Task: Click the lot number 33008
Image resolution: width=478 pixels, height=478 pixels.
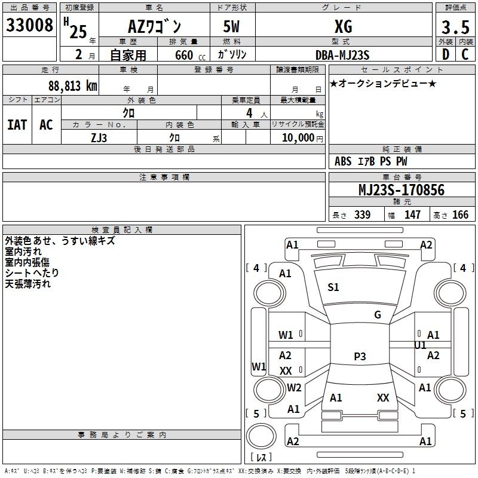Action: tap(29, 25)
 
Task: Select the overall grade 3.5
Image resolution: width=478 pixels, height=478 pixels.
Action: tap(455, 27)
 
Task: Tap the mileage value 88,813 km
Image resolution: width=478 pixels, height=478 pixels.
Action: tap(73, 86)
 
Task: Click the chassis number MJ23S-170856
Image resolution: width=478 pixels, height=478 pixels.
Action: tap(402, 190)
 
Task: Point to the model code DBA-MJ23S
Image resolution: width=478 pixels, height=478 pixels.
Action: tap(342, 55)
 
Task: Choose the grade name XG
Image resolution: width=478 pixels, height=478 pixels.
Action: tap(344, 27)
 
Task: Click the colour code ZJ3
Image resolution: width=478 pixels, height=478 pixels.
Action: tap(99, 138)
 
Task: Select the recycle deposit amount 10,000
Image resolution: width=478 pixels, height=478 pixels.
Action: tap(298, 138)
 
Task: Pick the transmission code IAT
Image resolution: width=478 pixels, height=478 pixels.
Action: tap(17, 125)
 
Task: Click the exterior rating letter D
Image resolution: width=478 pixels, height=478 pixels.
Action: tap(446, 54)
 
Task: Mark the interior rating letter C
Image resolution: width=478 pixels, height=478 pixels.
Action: tap(465, 54)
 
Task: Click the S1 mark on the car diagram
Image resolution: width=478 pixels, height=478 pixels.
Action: tap(333, 287)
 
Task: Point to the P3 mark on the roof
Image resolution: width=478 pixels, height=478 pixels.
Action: tap(360, 356)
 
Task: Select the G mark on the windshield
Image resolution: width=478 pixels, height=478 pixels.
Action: tap(378, 315)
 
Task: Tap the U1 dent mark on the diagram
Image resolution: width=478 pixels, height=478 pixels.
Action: tap(420, 345)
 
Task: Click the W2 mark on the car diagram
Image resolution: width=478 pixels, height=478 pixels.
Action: tap(294, 388)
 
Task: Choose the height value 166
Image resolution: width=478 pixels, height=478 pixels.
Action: tap(460, 215)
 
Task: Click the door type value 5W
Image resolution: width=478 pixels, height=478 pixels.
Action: tap(231, 27)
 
